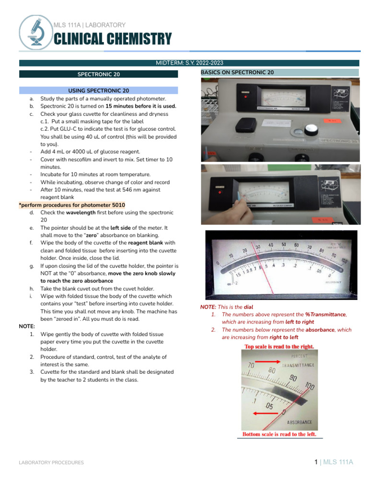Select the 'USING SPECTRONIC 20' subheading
click(99, 90)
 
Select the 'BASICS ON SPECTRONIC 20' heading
click(237, 72)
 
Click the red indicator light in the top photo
click(245, 97)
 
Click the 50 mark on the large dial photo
click(284, 245)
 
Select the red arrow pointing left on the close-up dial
click(266, 412)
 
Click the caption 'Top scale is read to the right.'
click(279, 346)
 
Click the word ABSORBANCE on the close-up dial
click(299, 423)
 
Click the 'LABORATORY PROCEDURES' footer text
click(51, 463)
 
